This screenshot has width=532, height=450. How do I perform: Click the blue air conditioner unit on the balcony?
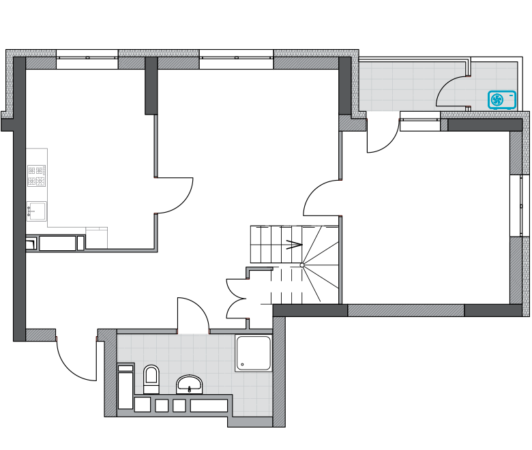point(502,100)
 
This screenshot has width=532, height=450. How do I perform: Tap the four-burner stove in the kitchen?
point(36,175)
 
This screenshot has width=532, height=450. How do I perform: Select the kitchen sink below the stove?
point(37,211)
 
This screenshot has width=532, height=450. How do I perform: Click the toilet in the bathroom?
point(151,379)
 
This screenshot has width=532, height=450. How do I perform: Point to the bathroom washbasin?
point(189,384)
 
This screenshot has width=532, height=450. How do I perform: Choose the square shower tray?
point(253,352)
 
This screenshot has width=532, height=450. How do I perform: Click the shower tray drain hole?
point(242,364)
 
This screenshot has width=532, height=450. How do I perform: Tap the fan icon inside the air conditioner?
point(497,100)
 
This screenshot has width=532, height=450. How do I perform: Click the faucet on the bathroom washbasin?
point(189,389)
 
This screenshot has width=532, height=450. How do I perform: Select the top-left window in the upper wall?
point(87,58)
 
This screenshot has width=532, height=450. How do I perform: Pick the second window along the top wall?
point(236,58)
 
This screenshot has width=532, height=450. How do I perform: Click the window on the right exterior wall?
point(520,206)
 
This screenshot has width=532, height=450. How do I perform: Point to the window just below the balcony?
point(420,121)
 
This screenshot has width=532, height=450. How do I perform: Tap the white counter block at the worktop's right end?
point(96,238)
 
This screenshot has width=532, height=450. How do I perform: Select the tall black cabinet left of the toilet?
point(125,387)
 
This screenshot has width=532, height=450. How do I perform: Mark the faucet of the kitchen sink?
point(29,211)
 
